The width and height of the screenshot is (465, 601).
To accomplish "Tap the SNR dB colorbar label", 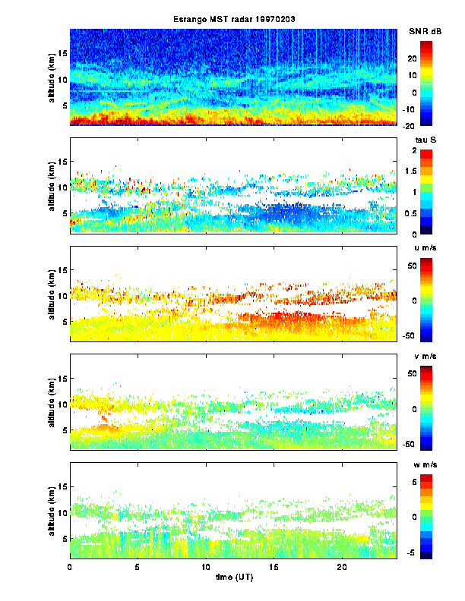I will pyautogui.click(x=425, y=31).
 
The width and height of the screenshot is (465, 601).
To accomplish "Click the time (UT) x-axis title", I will pyautogui.click(x=233, y=577).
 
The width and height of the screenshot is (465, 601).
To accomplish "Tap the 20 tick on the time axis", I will pyautogui.click(x=342, y=566).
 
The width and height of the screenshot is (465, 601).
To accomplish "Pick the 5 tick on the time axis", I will pyautogui.click(x=138, y=566).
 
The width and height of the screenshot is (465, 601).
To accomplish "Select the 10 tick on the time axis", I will pyautogui.click(x=206, y=566).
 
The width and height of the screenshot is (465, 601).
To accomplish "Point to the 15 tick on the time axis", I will pyautogui.click(x=274, y=566).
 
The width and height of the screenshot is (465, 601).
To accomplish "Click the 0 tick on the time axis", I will pyautogui.click(x=70, y=566).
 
